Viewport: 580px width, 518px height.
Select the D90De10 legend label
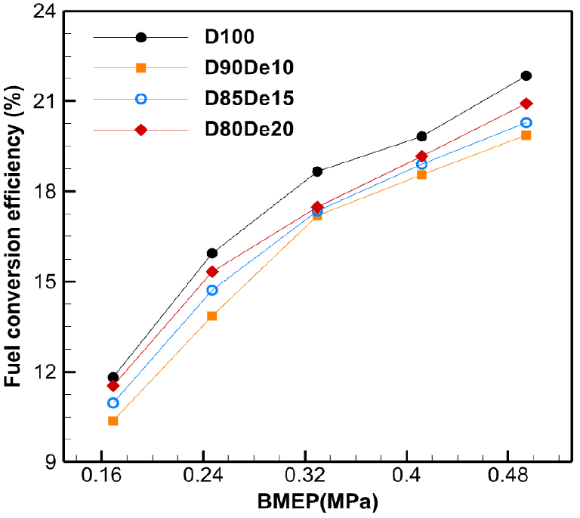pos(250,68)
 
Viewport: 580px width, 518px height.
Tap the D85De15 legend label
pos(250,99)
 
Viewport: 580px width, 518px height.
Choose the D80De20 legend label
pos(250,130)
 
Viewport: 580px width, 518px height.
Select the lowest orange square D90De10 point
pos(113,421)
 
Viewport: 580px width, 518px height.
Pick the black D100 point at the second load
pos(212,253)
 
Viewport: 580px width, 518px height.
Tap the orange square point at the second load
pos(212,316)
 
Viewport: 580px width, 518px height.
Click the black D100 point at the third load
pos(317,171)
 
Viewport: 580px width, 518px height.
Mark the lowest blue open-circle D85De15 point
pos(113,402)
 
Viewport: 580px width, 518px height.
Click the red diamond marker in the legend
pos(140,130)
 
